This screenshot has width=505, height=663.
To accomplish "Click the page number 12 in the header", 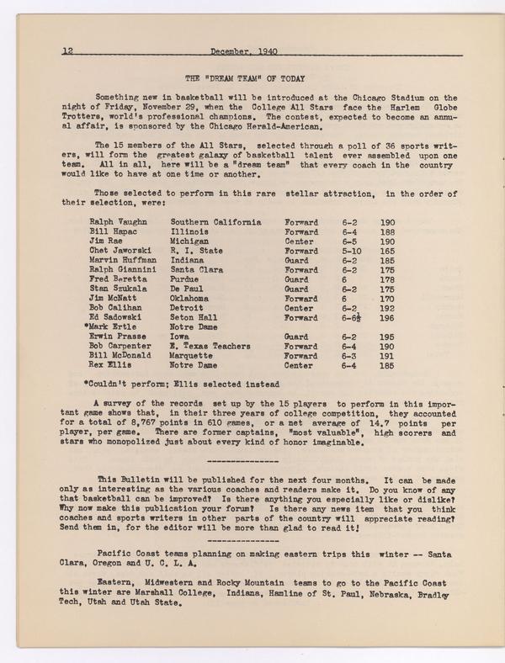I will click(x=68, y=50).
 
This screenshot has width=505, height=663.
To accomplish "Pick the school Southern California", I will click(x=216, y=222).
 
